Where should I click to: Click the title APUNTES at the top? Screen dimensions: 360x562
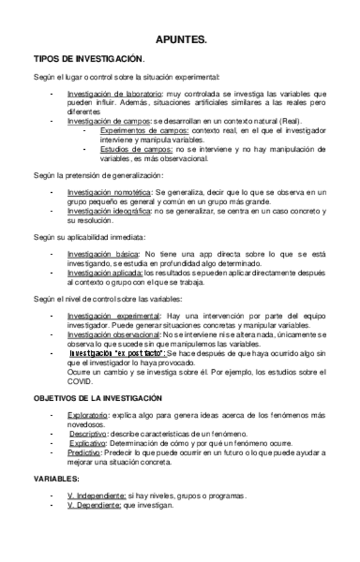(x=180, y=40)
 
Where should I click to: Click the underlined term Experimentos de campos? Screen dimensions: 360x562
(x=136, y=131)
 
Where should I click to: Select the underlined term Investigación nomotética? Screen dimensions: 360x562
(x=109, y=192)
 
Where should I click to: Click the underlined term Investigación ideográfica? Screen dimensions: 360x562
(x=109, y=211)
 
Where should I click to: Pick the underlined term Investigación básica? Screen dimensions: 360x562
(x=103, y=254)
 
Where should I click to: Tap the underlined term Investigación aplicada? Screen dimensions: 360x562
(x=105, y=272)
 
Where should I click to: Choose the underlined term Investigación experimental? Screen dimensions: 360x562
(x=113, y=315)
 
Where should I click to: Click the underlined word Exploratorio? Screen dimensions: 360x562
(x=88, y=415)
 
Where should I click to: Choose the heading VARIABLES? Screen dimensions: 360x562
(x=57, y=478)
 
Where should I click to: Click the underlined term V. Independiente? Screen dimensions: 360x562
(x=96, y=495)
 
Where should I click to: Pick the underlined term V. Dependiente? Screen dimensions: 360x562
(x=93, y=504)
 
